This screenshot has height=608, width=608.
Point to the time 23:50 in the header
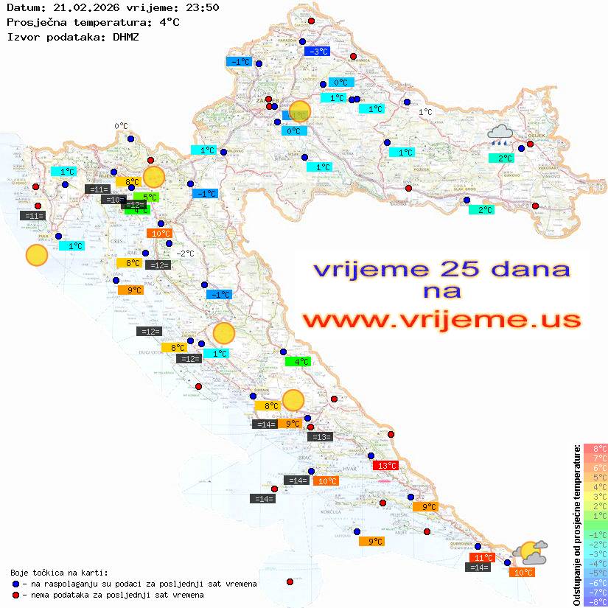coord(201,8)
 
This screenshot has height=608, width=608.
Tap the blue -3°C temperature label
coord(317,51)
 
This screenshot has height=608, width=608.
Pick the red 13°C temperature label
coord(386,465)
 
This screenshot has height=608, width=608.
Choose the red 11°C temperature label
coord(482,557)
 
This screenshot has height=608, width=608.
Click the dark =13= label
coord(321,437)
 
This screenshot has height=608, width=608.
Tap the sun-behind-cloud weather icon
coord(531,551)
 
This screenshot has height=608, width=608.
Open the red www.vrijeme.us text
coord(441,320)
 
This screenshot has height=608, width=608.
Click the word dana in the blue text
coord(533,269)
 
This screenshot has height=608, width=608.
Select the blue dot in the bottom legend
coord(15,584)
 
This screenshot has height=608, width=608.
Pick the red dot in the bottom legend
coord(15,595)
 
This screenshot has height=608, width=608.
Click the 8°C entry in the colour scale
coord(595,449)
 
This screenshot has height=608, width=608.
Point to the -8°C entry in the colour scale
coord(595,601)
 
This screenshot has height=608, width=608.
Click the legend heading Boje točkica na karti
coord(59,573)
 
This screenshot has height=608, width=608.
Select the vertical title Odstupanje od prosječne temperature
coord(576,525)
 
